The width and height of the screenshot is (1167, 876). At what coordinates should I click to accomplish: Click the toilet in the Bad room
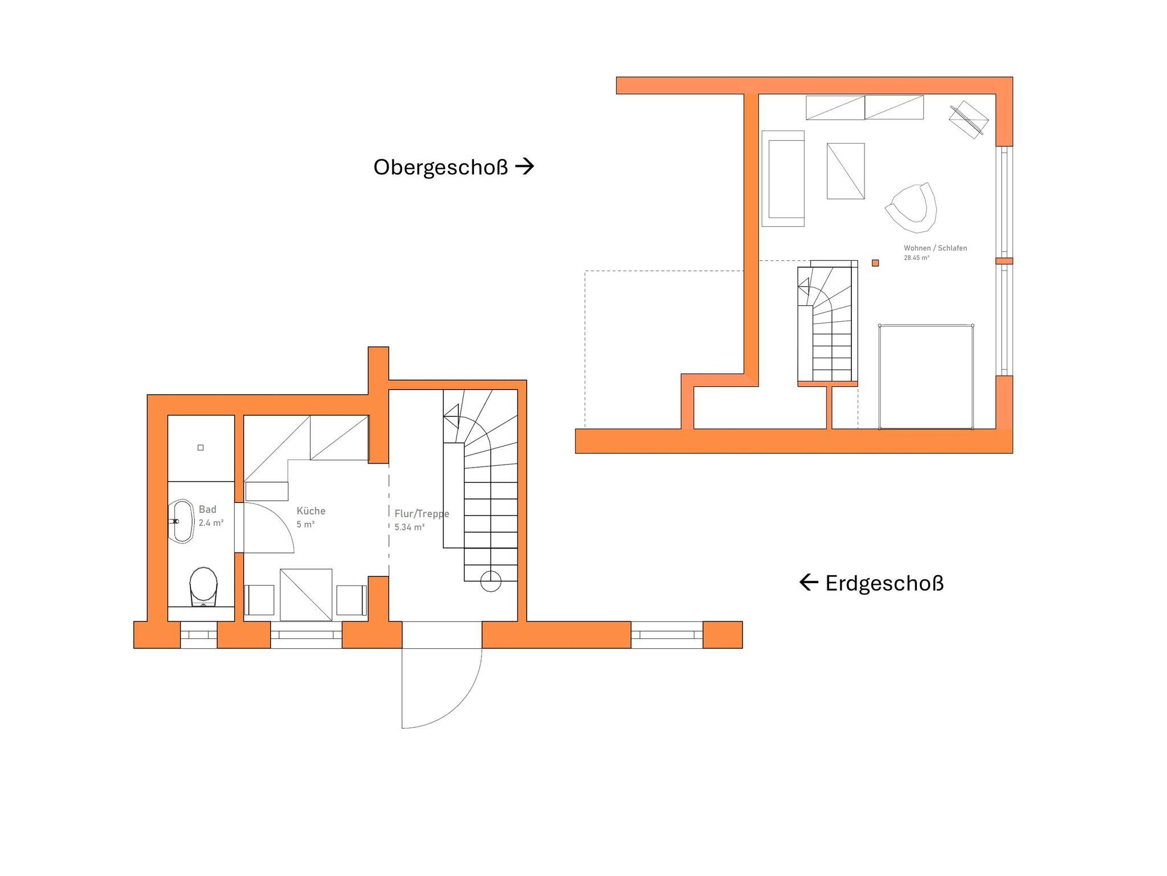203,586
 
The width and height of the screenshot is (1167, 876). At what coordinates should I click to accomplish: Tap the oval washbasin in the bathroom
182,521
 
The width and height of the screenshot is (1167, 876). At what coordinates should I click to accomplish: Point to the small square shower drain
201,448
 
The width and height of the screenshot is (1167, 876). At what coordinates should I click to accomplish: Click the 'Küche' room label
311,511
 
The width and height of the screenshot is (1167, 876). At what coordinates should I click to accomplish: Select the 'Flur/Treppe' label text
422,514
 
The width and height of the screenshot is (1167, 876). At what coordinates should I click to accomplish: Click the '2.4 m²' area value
211,523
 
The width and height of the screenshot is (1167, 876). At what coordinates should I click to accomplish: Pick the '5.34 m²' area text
410,527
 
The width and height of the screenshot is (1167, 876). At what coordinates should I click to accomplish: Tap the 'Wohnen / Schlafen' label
935,248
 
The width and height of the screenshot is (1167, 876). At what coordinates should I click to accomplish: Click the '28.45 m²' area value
916,258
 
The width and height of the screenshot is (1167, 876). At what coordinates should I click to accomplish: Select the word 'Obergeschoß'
440,167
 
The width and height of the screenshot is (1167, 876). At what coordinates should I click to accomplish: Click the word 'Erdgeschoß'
884,583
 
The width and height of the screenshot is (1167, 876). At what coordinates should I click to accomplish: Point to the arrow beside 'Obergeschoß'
525,166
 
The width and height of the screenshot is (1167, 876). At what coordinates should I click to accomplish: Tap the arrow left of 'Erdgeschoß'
809,582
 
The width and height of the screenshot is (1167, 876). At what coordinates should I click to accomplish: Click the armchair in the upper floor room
912,207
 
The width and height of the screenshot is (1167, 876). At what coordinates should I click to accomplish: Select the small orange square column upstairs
875,263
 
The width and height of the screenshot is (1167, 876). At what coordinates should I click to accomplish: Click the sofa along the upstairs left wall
783,178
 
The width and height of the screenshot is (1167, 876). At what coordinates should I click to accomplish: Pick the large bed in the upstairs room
926,376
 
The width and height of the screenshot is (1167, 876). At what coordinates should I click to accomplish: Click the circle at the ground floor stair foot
491,582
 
